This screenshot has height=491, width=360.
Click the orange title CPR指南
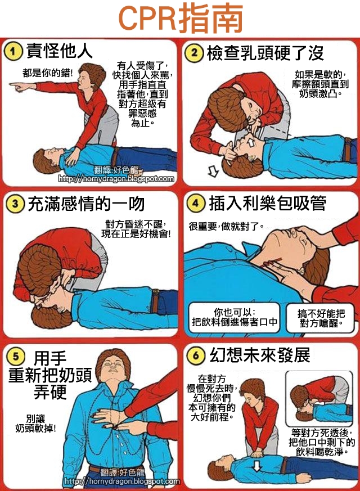[x=181, y=18]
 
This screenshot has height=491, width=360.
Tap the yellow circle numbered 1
[x=13, y=51]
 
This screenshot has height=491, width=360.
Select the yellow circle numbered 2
[x=195, y=53]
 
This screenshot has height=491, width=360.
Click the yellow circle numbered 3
[x=15, y=204]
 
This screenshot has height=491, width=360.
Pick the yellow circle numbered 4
[x=196, y=204]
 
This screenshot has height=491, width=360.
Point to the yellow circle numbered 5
[x=16, y=356]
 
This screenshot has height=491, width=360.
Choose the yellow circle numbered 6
[x=196, y=355]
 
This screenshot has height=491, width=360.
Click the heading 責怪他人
[x=60, y=51]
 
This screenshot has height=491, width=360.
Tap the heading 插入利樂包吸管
[x=268, y=203]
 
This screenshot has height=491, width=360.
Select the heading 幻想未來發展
[x=260, y=355]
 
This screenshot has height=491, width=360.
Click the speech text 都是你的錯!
[x=48, y=73]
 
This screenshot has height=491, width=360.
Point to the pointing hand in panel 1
[x=19, y=86]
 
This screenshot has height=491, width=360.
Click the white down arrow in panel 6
[x=256, y=466]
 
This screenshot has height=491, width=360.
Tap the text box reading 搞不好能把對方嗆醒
[x=320, y=318]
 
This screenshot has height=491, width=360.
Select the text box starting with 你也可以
[x=235, y=317]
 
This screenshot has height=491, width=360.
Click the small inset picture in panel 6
[x=319, y=399]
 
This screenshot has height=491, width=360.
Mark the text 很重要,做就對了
[x=226, y=226]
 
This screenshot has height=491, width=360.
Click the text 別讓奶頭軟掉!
[x=35, y=424]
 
